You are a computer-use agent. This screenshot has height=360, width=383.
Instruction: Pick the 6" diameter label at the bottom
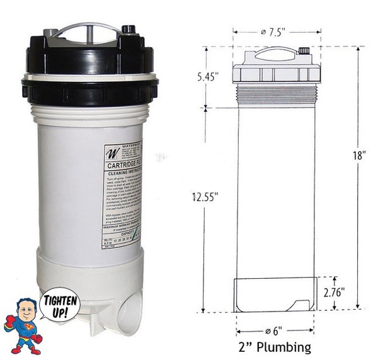275,330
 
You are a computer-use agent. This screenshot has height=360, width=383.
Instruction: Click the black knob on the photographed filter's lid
131,30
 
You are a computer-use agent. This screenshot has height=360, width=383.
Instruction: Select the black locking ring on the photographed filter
89,84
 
